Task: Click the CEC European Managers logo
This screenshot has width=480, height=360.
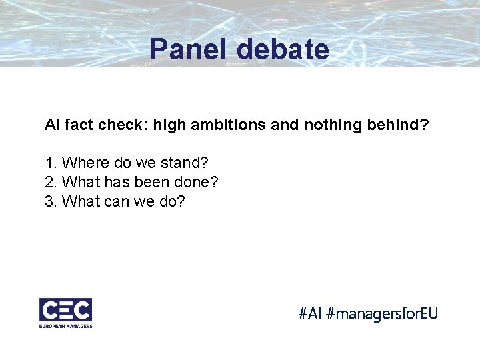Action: click(65, 312)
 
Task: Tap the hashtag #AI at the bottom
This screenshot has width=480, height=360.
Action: click(311, 313)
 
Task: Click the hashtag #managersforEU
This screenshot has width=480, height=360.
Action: click(383, 313)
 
